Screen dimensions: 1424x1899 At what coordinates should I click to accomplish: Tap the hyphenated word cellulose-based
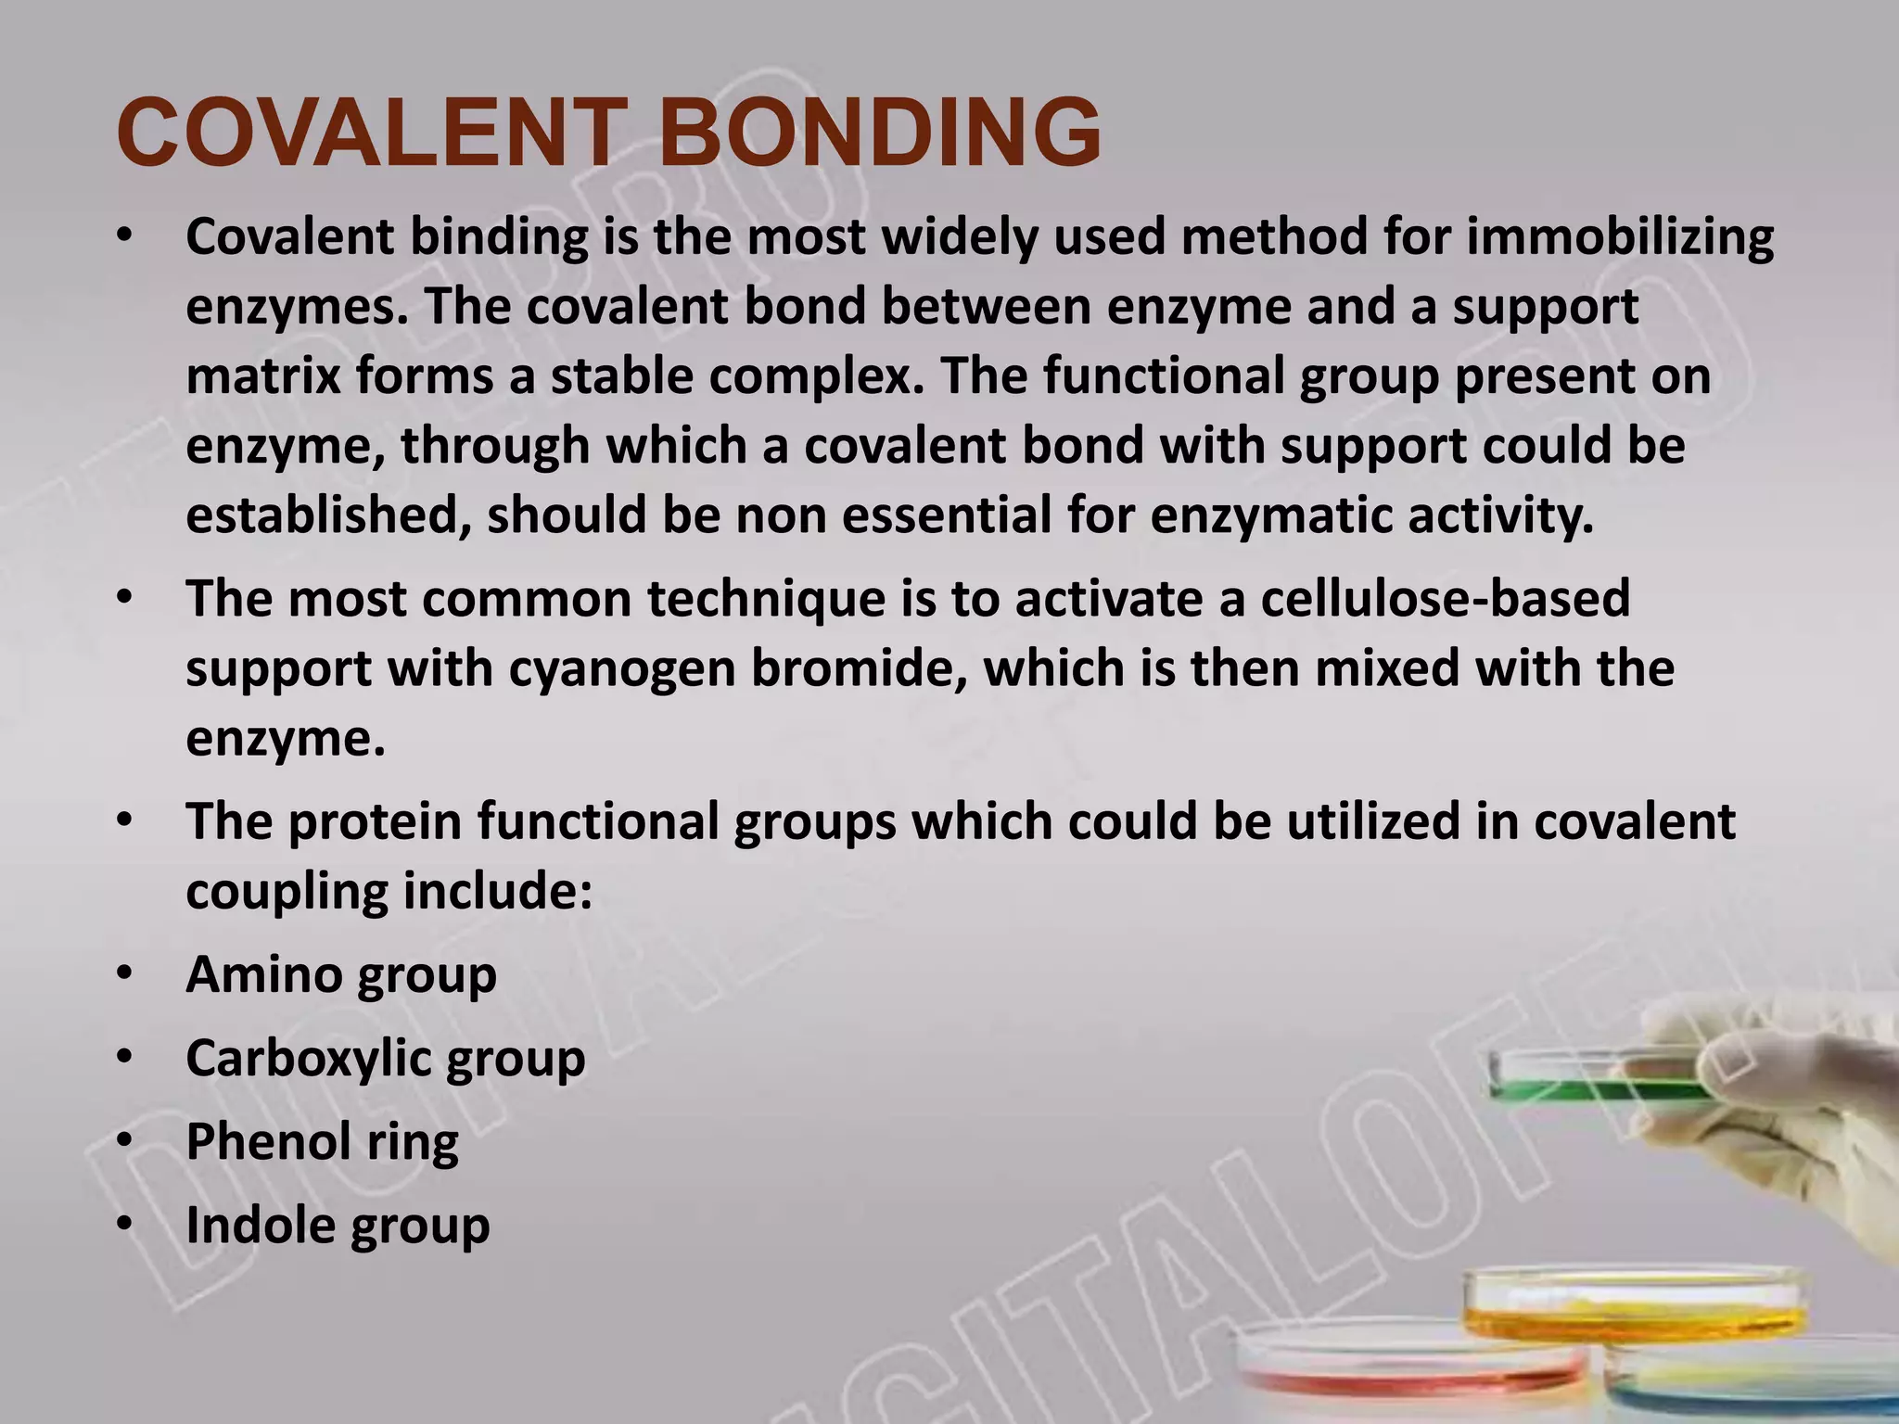[x=1445, y=599]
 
